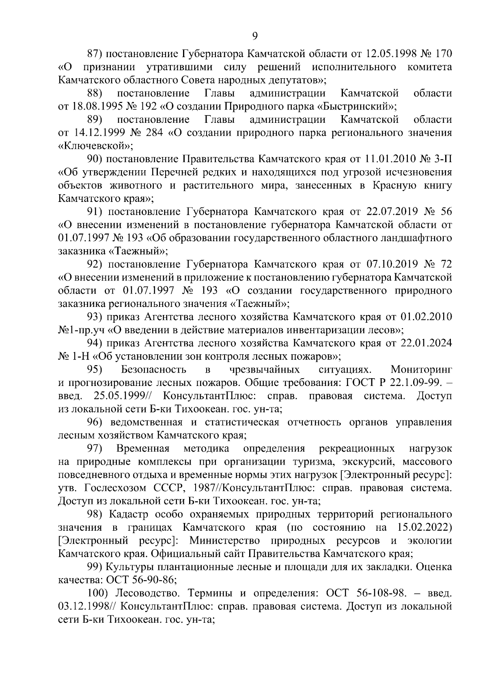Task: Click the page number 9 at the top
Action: (255, 36)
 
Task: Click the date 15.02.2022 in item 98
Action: (422, 527)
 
